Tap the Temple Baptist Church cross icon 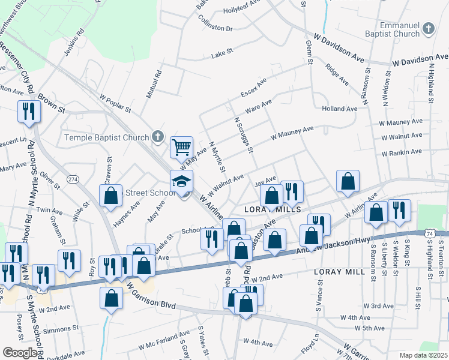(157, 137)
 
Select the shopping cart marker (181, 146)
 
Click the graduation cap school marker (181, 181)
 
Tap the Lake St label (222, 55)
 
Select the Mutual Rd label (154, 85)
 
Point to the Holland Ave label (339, 109)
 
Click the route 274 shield (73, 179)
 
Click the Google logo (20, 353)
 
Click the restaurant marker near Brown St (28, 111)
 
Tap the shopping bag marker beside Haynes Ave (111, 196)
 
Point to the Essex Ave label (253, 88)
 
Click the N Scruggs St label (243, 135)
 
